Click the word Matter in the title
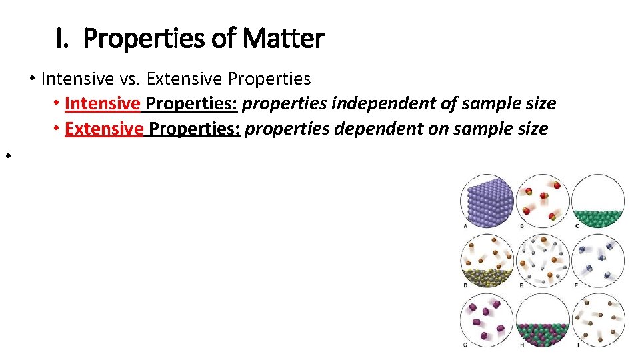click(283, 39)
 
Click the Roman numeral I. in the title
click(62, 39)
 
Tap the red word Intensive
click(103, 103)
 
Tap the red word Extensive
click(104, 128)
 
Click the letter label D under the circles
click(465, 285)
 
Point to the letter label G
click(465, 345)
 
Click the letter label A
click(465, 225)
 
